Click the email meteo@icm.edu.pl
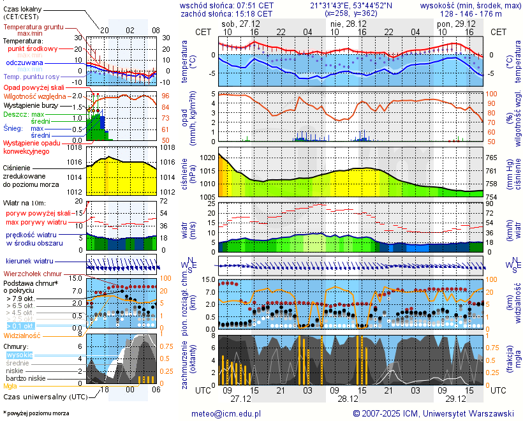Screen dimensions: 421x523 coord(226,413)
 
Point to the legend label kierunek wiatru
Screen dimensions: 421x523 coord(30,262)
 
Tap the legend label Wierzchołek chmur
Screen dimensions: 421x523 coord(32,274)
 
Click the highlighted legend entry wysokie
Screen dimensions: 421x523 coord(18,355)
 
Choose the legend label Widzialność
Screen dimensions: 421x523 coord(22,335)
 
